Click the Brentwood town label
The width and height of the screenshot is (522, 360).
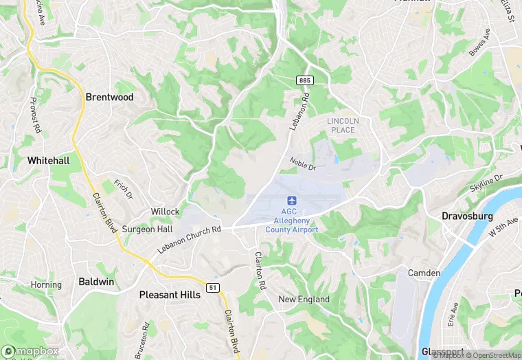coord(109,97)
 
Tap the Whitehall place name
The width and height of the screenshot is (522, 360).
coord(48,160)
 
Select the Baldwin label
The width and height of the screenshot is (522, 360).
coord(96,282)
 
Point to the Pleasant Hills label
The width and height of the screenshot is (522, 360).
coord(170,295)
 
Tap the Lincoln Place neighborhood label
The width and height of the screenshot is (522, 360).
coord(343,125)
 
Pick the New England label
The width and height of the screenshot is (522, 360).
coord(304,299)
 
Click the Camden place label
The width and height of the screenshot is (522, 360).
coord(424,273)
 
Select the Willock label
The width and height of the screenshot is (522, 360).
coord(166,212)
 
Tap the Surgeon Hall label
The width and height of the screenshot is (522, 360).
coord(147,229)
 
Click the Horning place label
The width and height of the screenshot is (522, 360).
coord(46,284)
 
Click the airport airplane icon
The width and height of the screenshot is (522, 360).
coord(292,200)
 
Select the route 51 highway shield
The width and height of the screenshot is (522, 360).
coord(214,286)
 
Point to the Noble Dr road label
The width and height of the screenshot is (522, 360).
coord(302,164)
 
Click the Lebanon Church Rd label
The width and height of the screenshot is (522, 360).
coord(188,240)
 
